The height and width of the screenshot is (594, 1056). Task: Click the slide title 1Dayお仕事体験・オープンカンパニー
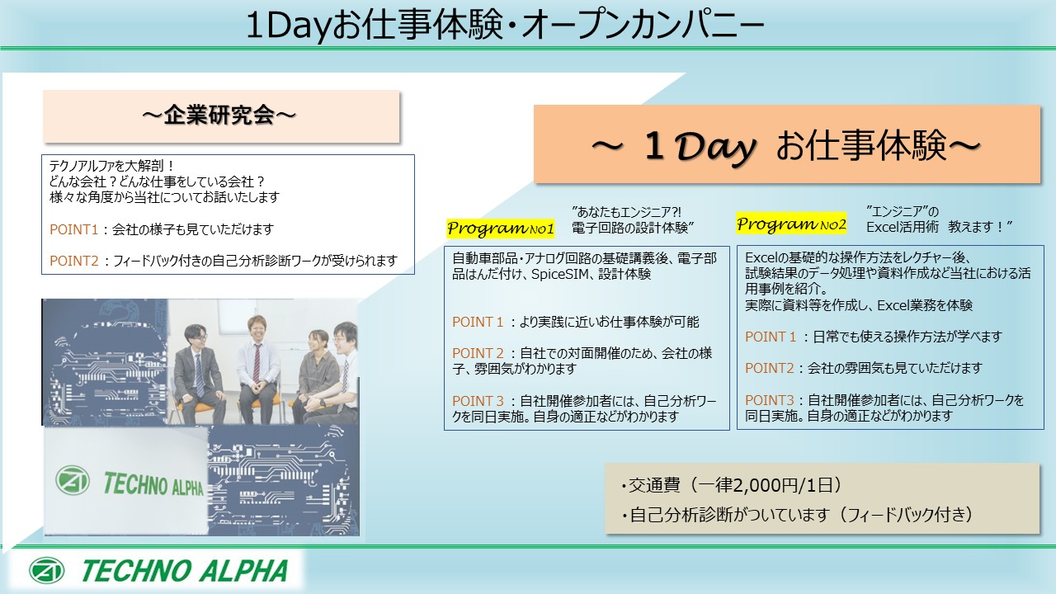(x=504, y=26)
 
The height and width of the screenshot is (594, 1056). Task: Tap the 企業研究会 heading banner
(x=221, y=116)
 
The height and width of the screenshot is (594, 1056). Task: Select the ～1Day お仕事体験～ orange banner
(x=787, y=144)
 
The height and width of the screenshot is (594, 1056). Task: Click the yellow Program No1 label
(x=500, y=229)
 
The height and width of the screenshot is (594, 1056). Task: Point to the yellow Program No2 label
(x=791, y=224)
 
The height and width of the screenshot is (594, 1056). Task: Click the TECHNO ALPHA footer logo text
(x=184, y=571)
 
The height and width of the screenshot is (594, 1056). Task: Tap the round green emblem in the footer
(x=46, y=570)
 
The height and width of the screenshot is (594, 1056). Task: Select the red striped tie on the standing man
(x=257, y=364)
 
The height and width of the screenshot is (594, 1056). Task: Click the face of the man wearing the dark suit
(x=195, y=337)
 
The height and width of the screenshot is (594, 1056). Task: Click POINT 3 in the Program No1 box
(x=478, y=401)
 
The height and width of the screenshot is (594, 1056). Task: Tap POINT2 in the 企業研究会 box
(x=74, y=261)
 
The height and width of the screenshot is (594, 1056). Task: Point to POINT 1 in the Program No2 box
(x=771, y=337)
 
